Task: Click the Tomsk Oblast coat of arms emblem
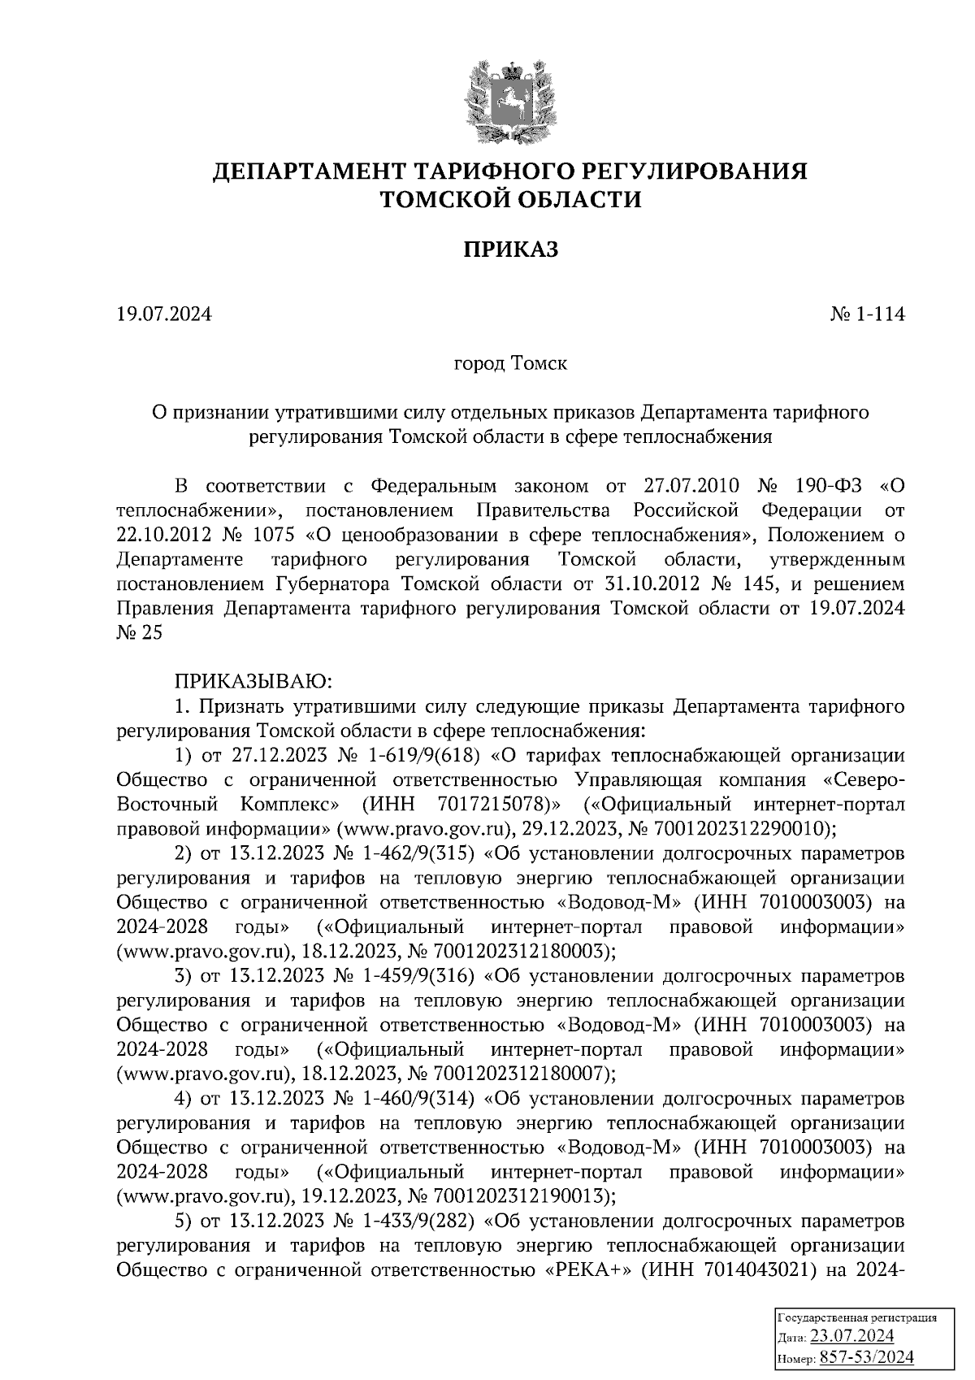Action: pos(510,99)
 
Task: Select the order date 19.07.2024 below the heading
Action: pos(164,314)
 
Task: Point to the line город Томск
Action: pos(510,363)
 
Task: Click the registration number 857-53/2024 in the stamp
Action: pos(866,1357)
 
